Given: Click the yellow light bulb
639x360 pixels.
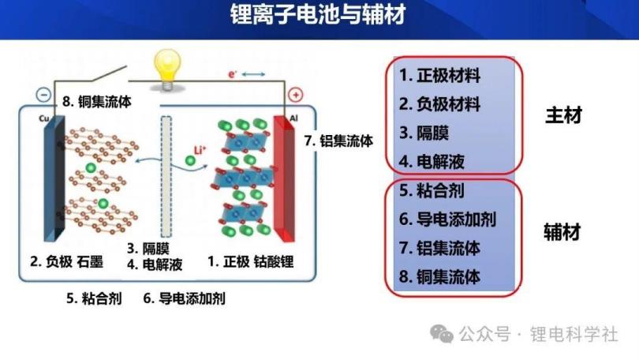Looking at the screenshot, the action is [167, 69].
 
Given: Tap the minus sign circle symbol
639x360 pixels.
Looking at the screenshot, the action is [43, 95].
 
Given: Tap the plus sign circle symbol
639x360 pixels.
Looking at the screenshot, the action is [296, 95].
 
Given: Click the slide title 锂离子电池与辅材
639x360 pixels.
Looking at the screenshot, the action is [318, 14].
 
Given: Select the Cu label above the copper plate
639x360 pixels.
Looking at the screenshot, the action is [43, 118].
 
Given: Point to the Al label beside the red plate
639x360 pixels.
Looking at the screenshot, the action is [293, 118].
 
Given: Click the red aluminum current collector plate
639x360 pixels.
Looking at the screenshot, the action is [284, 178].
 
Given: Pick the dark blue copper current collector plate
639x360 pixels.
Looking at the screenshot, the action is [54, 178].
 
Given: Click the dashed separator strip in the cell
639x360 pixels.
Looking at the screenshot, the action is [166, 177].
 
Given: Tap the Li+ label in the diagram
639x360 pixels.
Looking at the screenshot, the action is [200, 150].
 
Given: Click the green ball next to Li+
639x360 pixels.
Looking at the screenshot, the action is [190, 160].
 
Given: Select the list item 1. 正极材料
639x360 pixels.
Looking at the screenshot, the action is [439, 76].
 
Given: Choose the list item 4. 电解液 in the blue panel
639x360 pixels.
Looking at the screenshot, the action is [432, 162].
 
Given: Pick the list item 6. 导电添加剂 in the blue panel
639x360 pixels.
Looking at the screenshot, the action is [447, 219].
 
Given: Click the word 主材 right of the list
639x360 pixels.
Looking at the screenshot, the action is [563, 115].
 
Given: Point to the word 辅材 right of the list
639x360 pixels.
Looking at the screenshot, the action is [562, 232].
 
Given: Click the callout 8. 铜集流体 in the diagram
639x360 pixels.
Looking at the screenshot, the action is [97, 102].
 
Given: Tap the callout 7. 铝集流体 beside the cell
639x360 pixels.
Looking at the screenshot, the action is [338, 141].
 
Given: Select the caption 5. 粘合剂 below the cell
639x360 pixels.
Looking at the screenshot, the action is [94, 298].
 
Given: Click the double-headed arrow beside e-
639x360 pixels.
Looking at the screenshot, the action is [253, 73].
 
